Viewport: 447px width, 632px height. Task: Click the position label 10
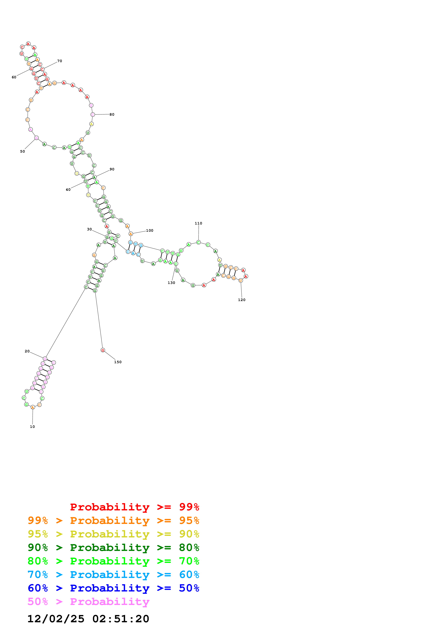click(32, 427)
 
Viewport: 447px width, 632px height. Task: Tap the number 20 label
click(27, 351)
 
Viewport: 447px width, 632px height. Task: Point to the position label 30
click(89, 229)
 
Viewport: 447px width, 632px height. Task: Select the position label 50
click(22, 151)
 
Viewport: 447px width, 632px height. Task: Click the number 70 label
click(60, 61)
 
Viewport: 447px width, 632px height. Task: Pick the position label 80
click(112, 115)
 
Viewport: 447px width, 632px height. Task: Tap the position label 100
click(149, 230)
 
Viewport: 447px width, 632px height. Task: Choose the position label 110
click(198, 223)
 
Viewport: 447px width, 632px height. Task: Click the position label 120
click(242, 300)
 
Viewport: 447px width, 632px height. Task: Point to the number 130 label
click(171, 283)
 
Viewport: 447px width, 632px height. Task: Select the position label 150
click(118, 362)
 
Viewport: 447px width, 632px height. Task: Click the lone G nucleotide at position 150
click(103, 350)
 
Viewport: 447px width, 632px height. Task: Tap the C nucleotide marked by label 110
click(198, 242)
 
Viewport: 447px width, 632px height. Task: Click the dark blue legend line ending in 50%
click(113, 588)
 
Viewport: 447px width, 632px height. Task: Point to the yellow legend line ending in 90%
click(113, 534)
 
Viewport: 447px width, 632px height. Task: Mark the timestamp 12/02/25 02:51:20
click(88, 619)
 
